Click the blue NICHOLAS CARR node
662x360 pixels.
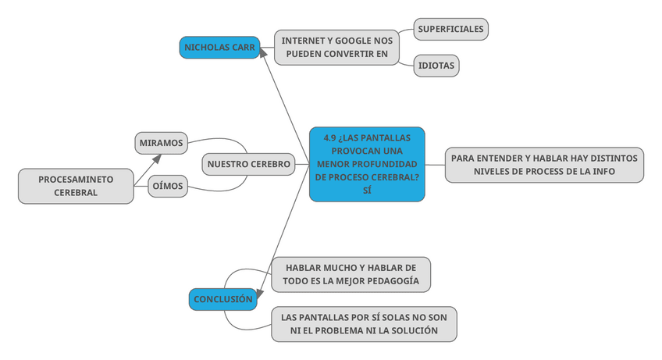[x=219, y=47]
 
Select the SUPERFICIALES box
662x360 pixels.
[x=450, y=29]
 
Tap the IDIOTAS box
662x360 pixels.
[x=436, y=66]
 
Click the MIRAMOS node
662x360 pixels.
[x=161, y=143]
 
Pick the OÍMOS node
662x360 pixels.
[x=167, y=186]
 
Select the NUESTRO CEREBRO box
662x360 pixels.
[x=248, y=164]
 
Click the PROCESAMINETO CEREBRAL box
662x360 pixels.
[x=76, y=186]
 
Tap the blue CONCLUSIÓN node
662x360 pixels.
[x=223, y=299]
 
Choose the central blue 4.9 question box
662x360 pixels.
[x=367, y=164]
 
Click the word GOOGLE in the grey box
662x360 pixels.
[x=352, y=40]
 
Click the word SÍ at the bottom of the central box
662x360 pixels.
[x=367, y=191]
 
